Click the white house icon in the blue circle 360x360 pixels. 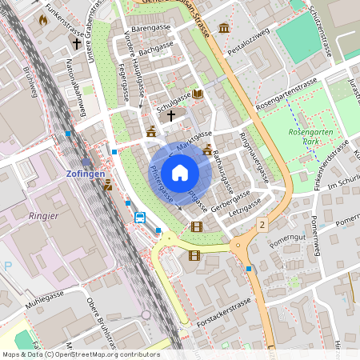tap(180, 173)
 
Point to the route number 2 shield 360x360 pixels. tap(261, 226)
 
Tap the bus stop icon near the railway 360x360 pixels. tap(139, 217)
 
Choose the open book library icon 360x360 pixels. tap(197, 94)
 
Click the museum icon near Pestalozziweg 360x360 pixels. tap(223, 29)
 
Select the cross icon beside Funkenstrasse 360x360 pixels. tap(77, 43)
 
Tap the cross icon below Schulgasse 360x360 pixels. tap(170, 116)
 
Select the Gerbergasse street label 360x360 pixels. tap(231, 200)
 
